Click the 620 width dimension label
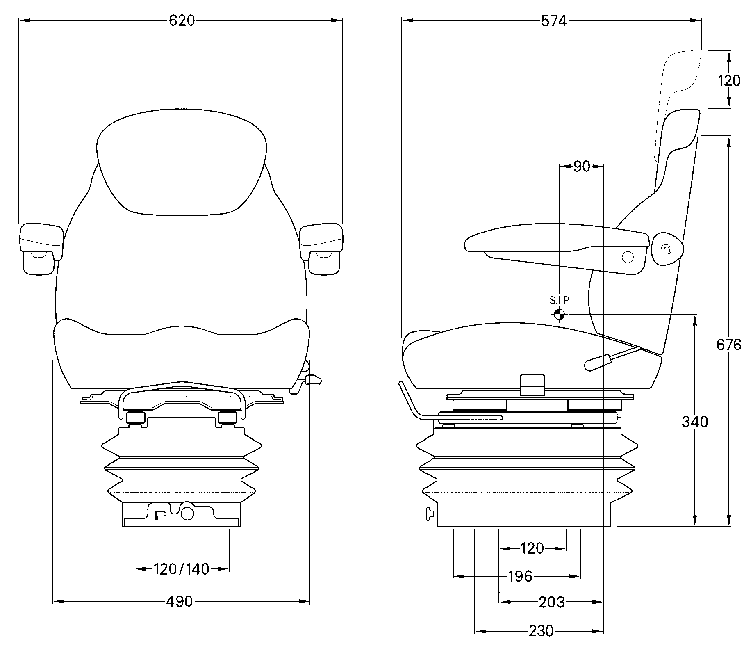click(182, 21)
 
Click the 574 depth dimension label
click(553, 21)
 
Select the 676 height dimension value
click(728, 345)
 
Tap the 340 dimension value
click(695, 422)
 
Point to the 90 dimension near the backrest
click(581, 167)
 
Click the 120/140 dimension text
click(181, 569)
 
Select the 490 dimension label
click(179, 601)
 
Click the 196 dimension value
click(520, 577)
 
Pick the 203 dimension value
click(551, 602)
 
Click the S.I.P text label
click(560, 300)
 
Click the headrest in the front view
click(182, 162)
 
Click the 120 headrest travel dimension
click(729, 81)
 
